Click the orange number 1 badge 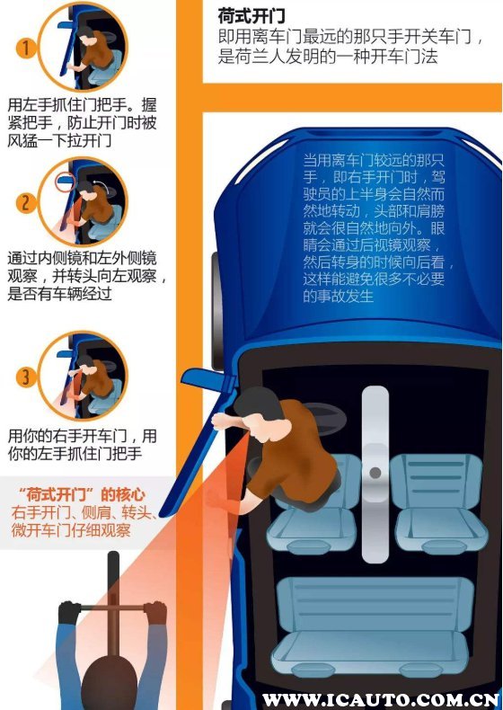(25, 48)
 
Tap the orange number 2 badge (25, 202)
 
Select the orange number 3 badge (25, 377)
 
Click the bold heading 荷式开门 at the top (251, 16)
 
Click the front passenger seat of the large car (436, 503)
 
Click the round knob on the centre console (375, 473)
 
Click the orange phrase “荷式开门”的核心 (83, 495)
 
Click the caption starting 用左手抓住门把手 (82, 123)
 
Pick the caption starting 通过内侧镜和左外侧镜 (85, 276)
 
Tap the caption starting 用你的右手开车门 (82, 445)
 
